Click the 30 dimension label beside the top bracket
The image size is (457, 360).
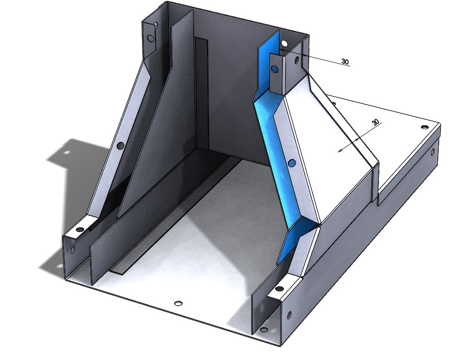[x=345, y=61]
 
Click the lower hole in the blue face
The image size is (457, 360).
[x=291, y=164]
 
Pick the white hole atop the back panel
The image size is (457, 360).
[x=284, y=43]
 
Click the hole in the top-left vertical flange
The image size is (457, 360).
[x=151, y=38]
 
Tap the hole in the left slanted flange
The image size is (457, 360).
[x=120, y=146]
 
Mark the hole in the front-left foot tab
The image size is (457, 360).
[x=80, y=229]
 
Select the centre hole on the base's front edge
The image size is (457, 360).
[x=178, y=303]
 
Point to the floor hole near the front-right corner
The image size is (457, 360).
[x=264, y=330]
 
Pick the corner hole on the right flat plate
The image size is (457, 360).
[x=424, y=127]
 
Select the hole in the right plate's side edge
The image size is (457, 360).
[x=432, y=152]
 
